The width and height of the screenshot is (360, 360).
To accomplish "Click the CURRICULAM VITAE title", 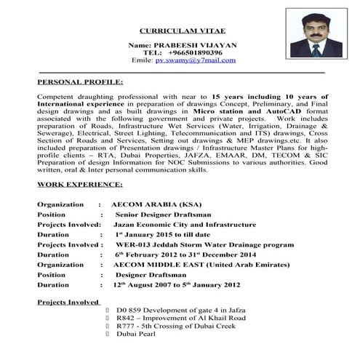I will point(183,31).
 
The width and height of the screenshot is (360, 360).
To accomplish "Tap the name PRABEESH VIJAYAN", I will point(183,45).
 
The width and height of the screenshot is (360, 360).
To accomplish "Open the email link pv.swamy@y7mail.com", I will point(196,60).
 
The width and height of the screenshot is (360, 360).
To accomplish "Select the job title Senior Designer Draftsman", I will point(164,215).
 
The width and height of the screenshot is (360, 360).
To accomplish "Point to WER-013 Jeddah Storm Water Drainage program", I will point(202,246).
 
